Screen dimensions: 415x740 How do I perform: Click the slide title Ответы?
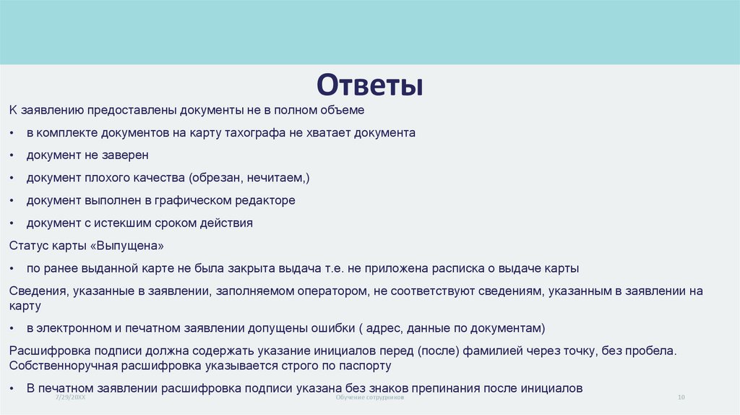369,85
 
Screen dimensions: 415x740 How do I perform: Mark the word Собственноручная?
59,366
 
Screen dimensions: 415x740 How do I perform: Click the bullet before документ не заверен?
14,156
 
